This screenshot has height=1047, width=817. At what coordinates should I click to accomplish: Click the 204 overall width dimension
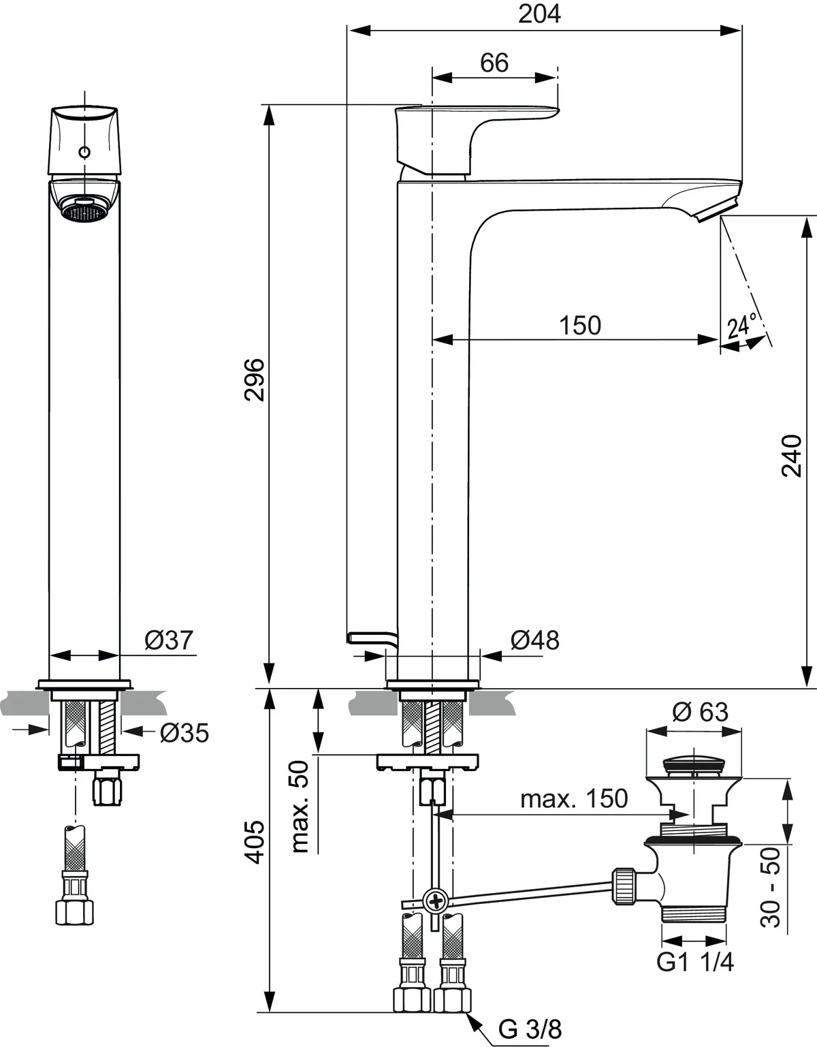click(539, 14)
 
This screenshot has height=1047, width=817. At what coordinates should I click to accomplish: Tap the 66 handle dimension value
click(494, 63)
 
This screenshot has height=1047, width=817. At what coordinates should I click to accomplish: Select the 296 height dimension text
click(255, 379)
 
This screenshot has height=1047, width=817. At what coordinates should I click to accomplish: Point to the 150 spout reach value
click(580, 325)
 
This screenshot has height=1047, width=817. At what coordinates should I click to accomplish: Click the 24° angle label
click(741, 326)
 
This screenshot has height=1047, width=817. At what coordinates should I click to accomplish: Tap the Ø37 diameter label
click(169, 640)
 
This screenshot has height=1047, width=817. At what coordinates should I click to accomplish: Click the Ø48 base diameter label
click(534, 640)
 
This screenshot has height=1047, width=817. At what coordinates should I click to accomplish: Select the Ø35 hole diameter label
click(184, 733)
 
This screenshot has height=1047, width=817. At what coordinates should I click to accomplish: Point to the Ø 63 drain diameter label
click(700, 712)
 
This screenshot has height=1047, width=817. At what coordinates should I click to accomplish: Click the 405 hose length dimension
click(255, 842)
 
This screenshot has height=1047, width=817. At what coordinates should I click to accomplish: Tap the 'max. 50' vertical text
click(300, 807)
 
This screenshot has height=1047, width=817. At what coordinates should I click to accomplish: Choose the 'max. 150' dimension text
click(574, 798)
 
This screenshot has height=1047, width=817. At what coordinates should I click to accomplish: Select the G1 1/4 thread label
click(694, 963)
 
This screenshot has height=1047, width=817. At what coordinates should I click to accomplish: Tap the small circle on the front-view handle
click(84, 152)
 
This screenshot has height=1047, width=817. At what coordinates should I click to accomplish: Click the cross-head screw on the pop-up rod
click(434, 901)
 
